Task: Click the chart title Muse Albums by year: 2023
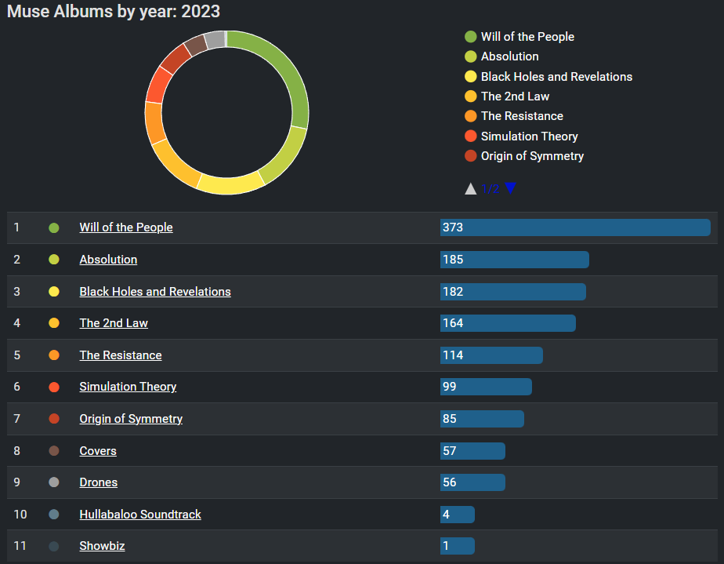tap(114, 12)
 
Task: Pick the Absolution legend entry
tap(509, 56)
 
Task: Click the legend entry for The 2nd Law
tap(515, 96)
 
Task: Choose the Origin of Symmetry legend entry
tap(532, 156)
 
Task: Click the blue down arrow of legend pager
tap(511, 188)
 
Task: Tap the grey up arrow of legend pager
tap(471, 188)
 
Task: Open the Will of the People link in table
tap(126, 227)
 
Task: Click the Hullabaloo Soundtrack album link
tap(140, 515)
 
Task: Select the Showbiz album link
tap(102, 546)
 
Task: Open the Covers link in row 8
tap(98, 451)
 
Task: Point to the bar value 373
tap(453, 227)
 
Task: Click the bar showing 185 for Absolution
tap(514, 260)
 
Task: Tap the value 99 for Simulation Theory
tap(449, 387)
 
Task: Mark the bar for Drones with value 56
tap(472, 482)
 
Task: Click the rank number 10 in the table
tap(20, 515)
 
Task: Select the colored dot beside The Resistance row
tap(54, 355)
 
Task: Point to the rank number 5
tap(17, 355)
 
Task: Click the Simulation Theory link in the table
tap(128, 387)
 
